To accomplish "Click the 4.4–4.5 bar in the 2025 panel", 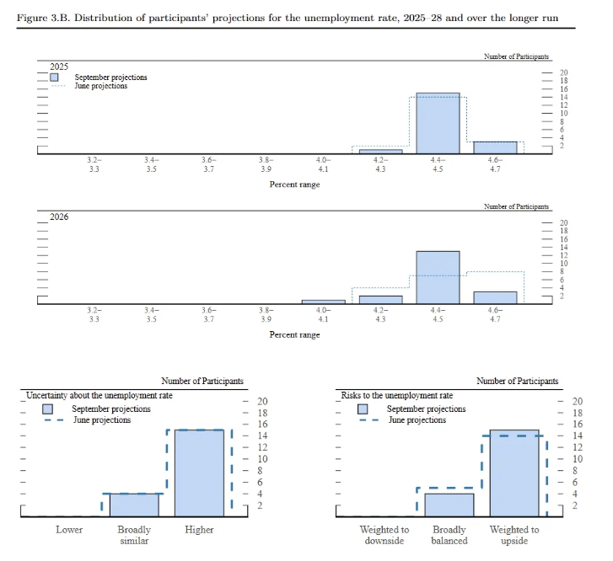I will point(438,123).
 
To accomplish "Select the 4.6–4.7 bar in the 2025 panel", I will point(495,147).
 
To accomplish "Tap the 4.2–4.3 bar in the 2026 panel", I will point(380,299).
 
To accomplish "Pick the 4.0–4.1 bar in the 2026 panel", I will point(323,301).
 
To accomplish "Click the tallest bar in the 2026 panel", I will point(438,277).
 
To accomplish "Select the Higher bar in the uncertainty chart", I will point(200,473).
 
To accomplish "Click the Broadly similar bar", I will point(135,505).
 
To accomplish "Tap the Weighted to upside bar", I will point(514,473).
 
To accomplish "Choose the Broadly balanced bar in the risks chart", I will point(449,505).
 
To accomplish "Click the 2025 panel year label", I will point(59,66).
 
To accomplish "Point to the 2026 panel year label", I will point(59,216).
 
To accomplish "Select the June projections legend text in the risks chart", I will point(417,419).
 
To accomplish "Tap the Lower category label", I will point(69,530).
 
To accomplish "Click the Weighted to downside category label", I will point(384,535).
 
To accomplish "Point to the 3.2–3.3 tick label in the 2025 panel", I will point(94,163).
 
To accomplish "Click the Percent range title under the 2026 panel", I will point(294,334).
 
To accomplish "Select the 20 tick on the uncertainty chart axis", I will point(262,402).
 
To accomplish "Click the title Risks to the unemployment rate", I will point(396,395).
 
